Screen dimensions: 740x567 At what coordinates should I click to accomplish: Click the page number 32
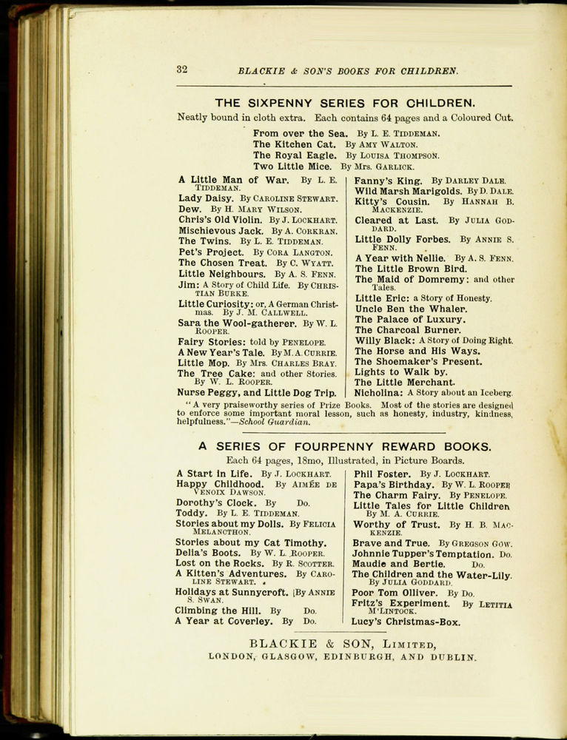pyautogui.click(x=181, y=70)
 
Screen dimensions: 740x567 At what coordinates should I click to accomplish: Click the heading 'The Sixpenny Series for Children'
pyautogui.click(x=345, y=103)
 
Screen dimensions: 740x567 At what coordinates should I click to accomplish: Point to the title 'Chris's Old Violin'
pyautogui.click(x=220, y=220)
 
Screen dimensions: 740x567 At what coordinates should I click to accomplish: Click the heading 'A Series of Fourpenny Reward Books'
pyautogui.click(x=344, y=446)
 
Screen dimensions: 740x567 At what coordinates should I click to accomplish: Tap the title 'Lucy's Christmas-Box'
pyautogui.click(x=406, y=622)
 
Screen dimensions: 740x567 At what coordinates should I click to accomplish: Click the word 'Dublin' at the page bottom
pyautogui.click(x=451, y=656)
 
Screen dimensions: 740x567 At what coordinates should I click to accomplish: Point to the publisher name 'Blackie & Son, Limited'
pyautogui.click(x=341, y=644)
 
